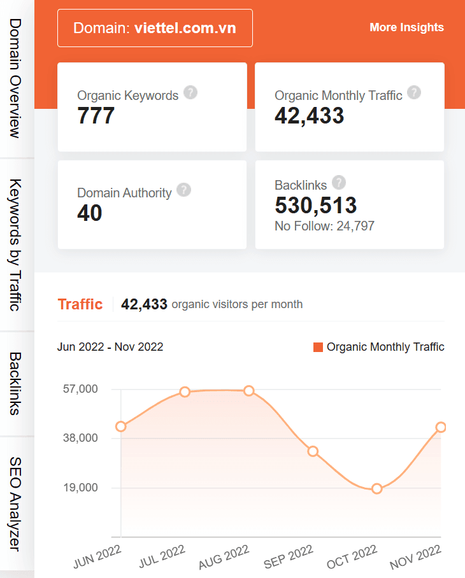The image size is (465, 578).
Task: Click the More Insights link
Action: (406, 27)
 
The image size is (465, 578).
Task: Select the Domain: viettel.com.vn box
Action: (155, 28)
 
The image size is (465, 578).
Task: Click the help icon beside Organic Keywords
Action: (190, 92)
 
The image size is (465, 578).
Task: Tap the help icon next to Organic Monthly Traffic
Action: (414, 92)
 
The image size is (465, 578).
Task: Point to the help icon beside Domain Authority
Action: (183, 190)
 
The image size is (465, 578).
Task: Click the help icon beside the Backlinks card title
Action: (339, 183)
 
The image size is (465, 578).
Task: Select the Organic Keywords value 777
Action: (96, 116)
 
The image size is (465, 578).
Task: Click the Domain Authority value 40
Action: (89, 213)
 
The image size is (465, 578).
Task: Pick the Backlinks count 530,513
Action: (315, 205)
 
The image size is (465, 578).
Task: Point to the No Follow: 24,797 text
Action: (324, 226)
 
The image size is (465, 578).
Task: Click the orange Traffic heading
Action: (80, 304)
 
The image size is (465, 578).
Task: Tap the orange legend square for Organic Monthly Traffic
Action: (318, 347)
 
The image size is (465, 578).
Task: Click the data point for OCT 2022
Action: (376, 489)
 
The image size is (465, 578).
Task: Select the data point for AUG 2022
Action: (249, 391)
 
